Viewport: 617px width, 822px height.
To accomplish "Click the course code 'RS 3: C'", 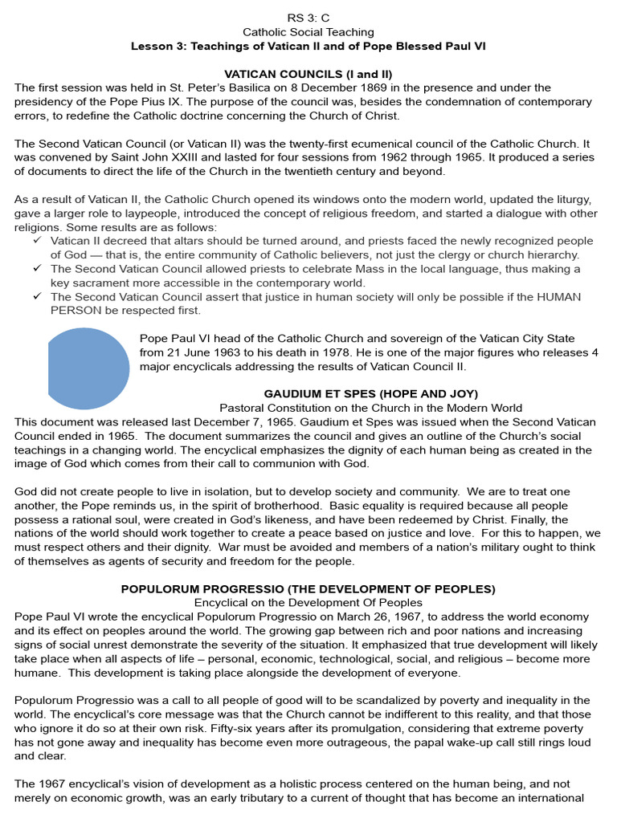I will tap(308, 18).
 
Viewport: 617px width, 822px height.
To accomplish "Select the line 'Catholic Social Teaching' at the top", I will tap(308, 32).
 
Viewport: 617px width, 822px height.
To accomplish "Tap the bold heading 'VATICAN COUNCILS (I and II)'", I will tap(308, 74).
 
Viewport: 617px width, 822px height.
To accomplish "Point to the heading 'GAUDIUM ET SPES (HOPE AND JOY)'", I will tap(370, 393).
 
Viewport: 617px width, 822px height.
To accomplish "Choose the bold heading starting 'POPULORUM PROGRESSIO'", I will tap(308, 588).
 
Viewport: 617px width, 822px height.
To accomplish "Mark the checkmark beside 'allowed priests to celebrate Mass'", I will tap(38, 269).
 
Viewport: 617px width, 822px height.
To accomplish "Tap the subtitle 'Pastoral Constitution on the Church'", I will tap(370, 408).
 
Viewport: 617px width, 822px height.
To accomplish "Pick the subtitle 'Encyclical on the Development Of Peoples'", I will tap(308, 602).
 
